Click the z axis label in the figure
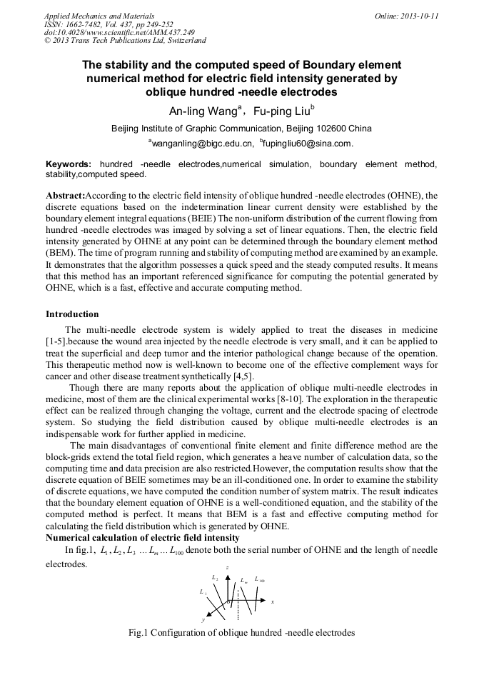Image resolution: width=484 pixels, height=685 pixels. (x=227, y=567)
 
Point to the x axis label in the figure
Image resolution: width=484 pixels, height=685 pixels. (x=273, y=602)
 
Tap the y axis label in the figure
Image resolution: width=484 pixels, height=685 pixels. (x=203, y=620)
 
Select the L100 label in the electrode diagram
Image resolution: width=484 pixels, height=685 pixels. (x=260, y=579)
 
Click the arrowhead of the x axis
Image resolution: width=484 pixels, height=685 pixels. (x=266, y=602)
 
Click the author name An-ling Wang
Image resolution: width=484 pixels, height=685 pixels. (x=196, y=111)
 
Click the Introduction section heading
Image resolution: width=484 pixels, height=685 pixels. (x=72, y=314)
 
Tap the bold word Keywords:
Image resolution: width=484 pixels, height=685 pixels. (x=69, y=164)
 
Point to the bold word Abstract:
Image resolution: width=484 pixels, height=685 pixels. (x=65, y=195)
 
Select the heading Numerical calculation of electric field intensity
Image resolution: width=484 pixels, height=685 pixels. (x=142, y=537)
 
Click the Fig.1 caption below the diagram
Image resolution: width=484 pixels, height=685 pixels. (x=241, y=633)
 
